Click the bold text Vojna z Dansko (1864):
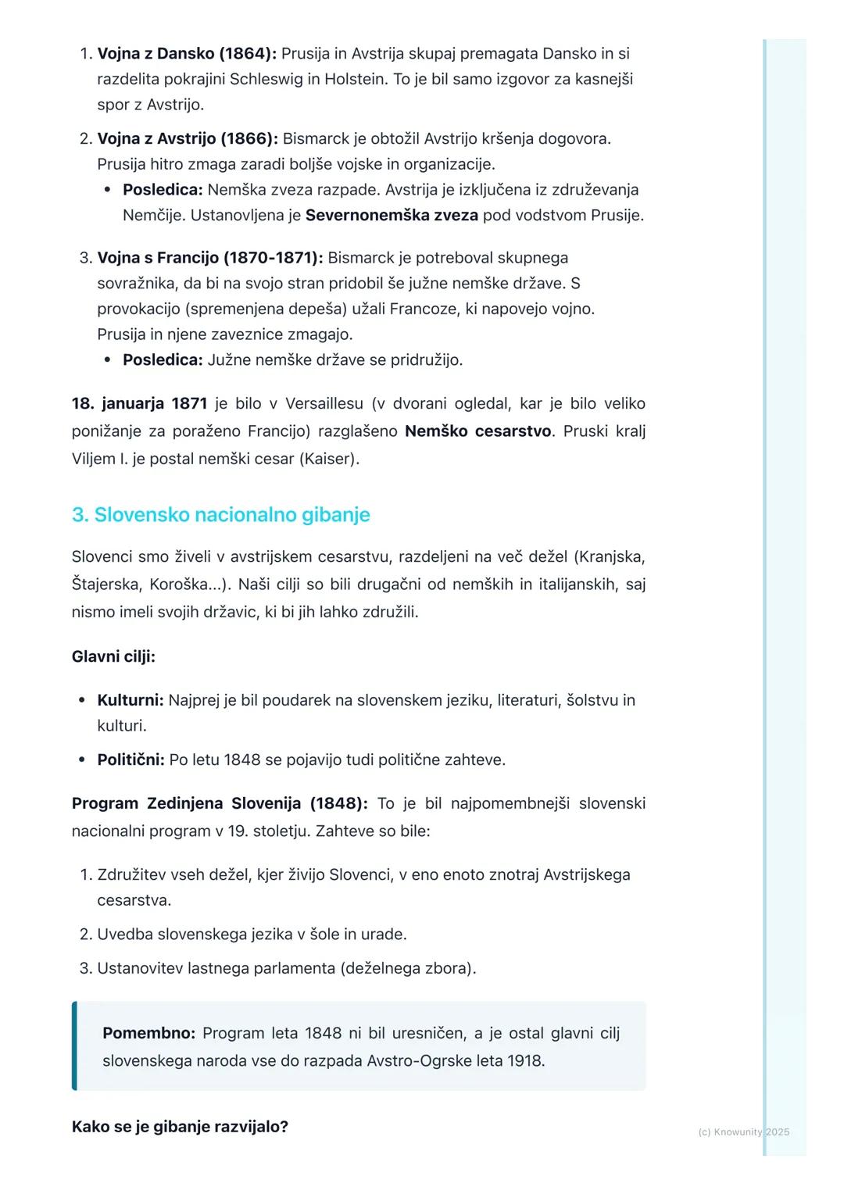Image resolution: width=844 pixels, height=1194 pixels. pyautogui.click(x=187, y=54)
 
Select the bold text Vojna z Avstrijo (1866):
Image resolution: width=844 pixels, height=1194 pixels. pyautogui.click(x=188, y=139)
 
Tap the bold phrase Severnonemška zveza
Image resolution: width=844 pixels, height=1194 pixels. pyautogui.click(x=392, y=216)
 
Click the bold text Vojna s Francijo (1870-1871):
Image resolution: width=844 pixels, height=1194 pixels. pyautogui.click(x=210, y=258)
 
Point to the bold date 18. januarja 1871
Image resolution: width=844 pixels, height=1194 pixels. pyautogui.click(x=139, y=404)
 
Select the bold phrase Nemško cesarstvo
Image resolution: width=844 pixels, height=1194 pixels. pyautogui.click(x=477, y=431)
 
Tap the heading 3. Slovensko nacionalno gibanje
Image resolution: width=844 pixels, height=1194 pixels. pyautogui.click(x=220, y=515)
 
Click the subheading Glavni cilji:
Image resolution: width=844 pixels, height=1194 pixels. pyautogui.click(x=113, y=656)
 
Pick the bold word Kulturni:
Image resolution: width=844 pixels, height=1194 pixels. pyautogui.click(x=131, y=700)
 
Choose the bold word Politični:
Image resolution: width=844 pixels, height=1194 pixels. pyautogui.click(x=131, y=760)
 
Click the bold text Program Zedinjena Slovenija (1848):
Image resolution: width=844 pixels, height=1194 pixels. pyautogui.click(x=220, y=803)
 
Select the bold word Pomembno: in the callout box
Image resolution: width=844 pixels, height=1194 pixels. pyautogui.click(x=148, y=1033)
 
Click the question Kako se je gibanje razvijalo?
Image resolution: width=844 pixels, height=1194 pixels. pyautogui.click(x=180, y=1127)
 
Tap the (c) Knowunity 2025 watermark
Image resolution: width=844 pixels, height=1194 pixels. pyautogui.click(x=743, y=1131)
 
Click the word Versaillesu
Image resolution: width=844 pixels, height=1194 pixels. pyautogui.click(x=324, y=404)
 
